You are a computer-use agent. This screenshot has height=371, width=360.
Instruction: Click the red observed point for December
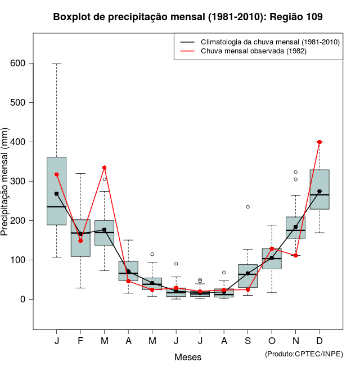point(319,142)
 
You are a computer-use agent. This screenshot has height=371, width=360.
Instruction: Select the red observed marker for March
point(105,168)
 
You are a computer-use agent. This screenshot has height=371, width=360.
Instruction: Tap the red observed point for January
point(57,174)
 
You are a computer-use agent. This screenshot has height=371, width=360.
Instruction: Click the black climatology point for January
point(57,193)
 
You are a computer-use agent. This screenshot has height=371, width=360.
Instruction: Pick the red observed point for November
point(296,255)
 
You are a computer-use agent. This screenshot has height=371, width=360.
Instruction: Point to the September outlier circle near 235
point(247,207)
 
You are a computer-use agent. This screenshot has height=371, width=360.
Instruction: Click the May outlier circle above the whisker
point(152,254)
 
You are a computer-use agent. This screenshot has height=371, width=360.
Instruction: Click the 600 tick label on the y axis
point(19,64)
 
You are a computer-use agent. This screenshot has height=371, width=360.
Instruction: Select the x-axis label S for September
point(247,341)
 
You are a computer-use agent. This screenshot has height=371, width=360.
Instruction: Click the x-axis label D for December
point(319,341)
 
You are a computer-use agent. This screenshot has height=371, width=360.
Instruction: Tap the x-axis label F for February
point(80,341)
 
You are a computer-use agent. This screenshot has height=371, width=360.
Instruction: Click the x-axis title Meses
point(187,357)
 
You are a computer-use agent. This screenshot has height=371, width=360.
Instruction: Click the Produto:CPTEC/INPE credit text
point(303,354)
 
